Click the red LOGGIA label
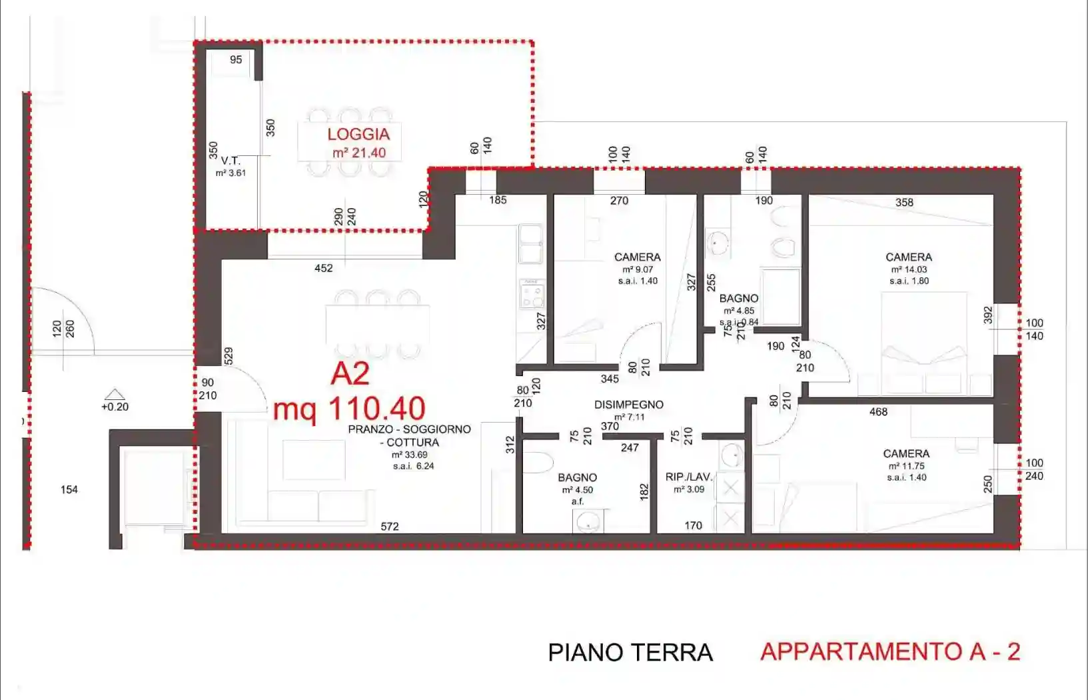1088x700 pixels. point(358,134)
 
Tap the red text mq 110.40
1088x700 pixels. point(349,409)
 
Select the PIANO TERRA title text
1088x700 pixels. point(630,653)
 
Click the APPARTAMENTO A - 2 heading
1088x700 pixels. point(890,651)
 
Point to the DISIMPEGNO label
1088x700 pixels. point(628,405)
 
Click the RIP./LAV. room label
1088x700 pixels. point(689,477)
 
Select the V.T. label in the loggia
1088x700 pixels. point(231,161)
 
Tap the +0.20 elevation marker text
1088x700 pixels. point(115,407)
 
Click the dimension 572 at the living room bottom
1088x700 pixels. point(390,526)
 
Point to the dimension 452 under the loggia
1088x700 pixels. point(324,268)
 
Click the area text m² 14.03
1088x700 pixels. point(909,269)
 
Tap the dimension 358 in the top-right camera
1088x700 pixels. point(904,202)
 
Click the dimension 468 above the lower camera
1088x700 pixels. point(878,412)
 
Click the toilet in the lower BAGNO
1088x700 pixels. point(538,462)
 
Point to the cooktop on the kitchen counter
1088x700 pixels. point(532,293)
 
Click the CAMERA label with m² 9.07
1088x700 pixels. point(637,257)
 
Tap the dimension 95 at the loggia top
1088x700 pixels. point(236,59)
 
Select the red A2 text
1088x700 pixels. point(350,374)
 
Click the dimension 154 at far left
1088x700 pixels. point(69,489)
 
